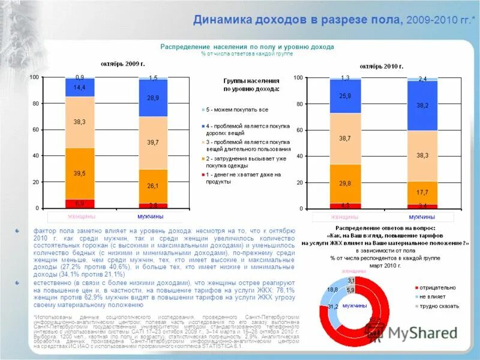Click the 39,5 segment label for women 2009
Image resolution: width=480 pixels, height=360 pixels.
[80, 173]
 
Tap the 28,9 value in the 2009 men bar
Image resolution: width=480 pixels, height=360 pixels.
[153, 98]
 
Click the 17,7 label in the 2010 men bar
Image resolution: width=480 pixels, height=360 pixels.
[422, 192]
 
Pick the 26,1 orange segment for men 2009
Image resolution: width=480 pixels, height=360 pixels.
[153, 185]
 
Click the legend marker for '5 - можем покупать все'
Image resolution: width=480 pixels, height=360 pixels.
[202, 110]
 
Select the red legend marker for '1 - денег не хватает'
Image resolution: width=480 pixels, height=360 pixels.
[202, 174]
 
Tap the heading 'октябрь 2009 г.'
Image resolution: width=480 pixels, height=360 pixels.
[122, 64]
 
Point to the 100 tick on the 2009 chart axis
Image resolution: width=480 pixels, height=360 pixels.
[34, 77]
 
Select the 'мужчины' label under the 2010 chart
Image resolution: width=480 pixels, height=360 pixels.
[422, 217]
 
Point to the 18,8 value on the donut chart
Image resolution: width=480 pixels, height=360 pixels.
[331, 289]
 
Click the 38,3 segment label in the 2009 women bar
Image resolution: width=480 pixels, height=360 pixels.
[80, 122]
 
